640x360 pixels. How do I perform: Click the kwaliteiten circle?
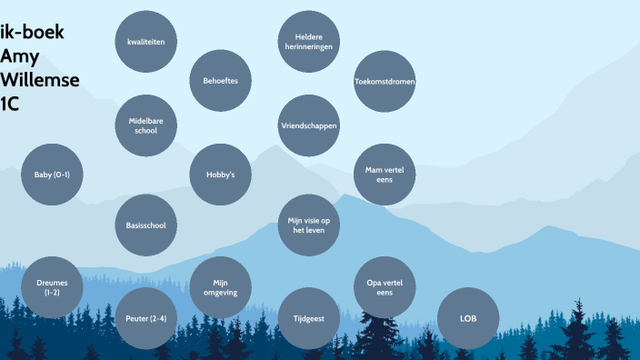[145, 42]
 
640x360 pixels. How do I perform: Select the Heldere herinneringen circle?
[308, 42]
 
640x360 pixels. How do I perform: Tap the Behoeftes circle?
[220, 81]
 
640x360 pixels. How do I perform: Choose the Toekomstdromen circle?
[385, 82]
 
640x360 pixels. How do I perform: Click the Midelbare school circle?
[145, 125]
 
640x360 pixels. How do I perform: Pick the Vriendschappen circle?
[308, 125]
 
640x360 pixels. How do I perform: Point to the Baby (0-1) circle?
[52, 174]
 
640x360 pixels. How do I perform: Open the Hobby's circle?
[220, 174]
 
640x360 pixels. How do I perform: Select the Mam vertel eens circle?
[385, 174]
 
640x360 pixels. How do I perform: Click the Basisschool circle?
[145, 225]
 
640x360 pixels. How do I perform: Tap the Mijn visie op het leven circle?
[308, 225]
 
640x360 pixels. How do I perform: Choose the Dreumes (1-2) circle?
[52, 287]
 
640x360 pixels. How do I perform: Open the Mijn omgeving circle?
[220, 287]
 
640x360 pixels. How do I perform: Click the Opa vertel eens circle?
[385, 287]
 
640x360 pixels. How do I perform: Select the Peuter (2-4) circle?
[145, 318]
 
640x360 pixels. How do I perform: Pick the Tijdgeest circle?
[308, 318]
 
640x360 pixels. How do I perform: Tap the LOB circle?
[468, 318]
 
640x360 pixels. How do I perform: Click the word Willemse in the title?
[40, 80]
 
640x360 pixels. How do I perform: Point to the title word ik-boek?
[32, 34]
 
